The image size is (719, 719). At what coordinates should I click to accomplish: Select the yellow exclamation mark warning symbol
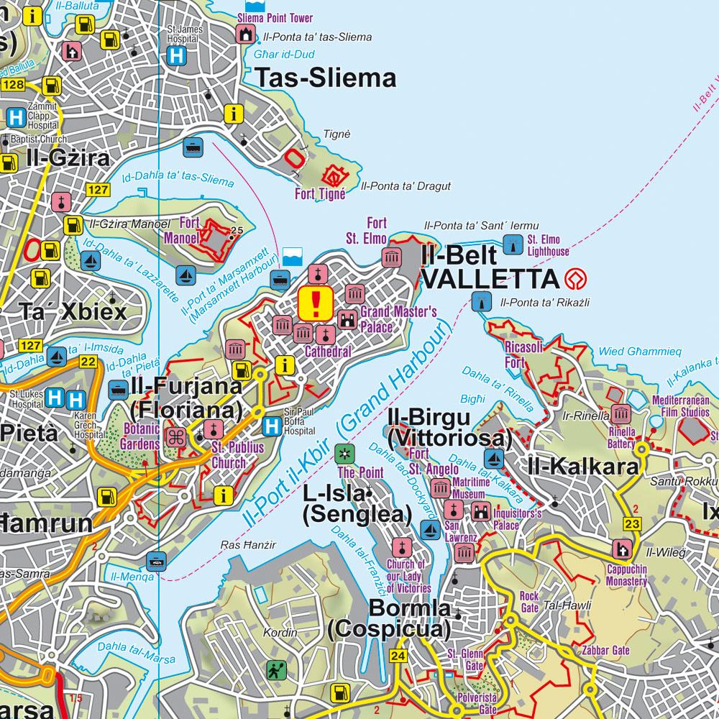[315, 303]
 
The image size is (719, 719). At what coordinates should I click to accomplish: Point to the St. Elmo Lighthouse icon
[513, 244]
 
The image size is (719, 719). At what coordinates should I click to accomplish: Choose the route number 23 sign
[632, 523]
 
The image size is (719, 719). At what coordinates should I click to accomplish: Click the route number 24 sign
[398, 656]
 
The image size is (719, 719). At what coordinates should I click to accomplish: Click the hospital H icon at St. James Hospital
[175, 55]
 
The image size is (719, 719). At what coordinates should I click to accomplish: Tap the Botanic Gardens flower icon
[177, 436]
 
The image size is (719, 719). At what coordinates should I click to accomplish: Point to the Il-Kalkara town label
[582, 467]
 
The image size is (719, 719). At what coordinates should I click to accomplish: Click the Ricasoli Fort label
[524, 355]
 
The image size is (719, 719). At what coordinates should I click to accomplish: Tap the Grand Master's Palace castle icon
[348, 319]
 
